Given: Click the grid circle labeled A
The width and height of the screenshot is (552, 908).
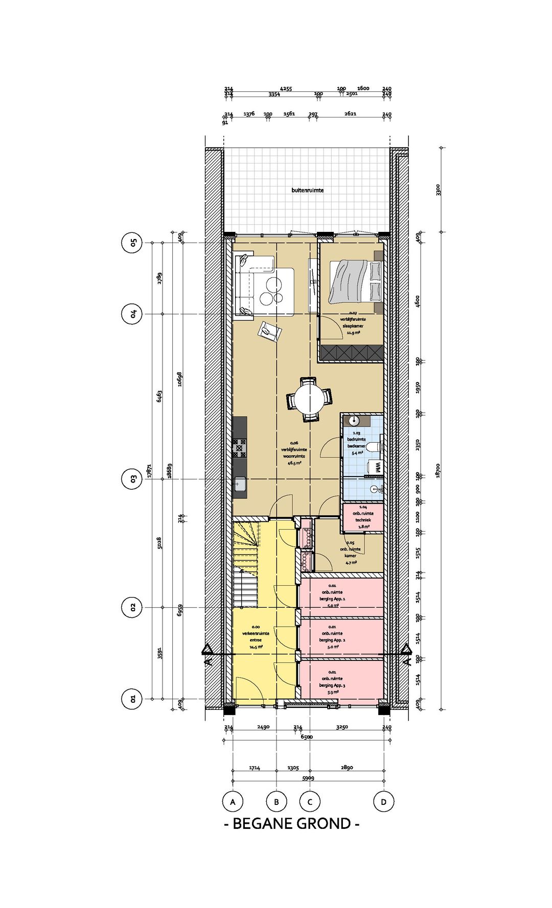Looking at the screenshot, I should [x=233, y=802].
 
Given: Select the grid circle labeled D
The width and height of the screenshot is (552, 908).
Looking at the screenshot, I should [x=383, y=802].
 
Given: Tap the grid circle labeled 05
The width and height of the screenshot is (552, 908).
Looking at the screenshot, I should [x=132, y=243].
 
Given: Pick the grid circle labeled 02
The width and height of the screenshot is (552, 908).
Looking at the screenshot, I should [x=132, y=607].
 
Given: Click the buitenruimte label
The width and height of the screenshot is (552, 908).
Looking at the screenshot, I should [x=308, y=190].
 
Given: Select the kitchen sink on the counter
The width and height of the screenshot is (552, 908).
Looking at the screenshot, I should [x=240, y=484].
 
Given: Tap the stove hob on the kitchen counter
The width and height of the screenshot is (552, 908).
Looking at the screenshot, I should [x=240, y=448].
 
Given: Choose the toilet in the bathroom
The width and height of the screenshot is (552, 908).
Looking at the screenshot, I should [x=377, y=447].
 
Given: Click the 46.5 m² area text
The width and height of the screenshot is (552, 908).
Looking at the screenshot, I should [x=294, y=463].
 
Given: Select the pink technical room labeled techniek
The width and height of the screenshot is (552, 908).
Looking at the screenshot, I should [x=362, y=518].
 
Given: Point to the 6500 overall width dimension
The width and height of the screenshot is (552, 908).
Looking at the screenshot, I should [x=307, y=737].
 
